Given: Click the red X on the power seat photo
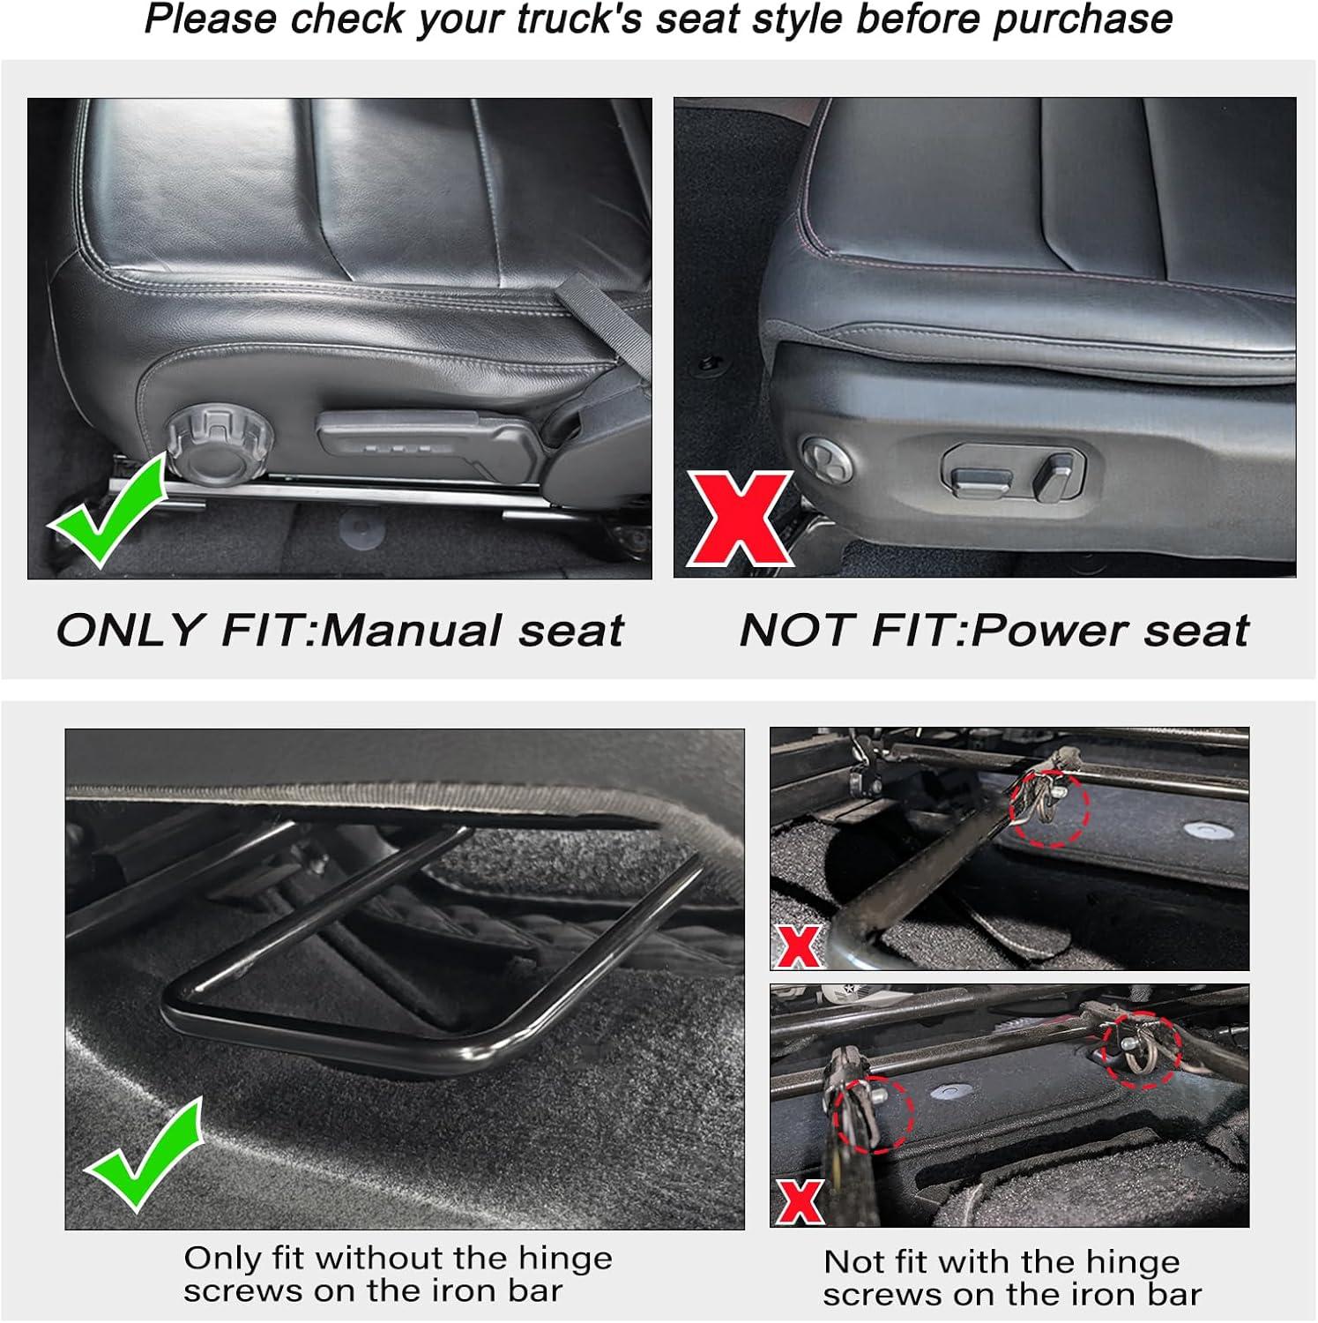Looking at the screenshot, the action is tap(741, 519).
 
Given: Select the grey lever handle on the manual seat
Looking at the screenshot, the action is tap(429, 442).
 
